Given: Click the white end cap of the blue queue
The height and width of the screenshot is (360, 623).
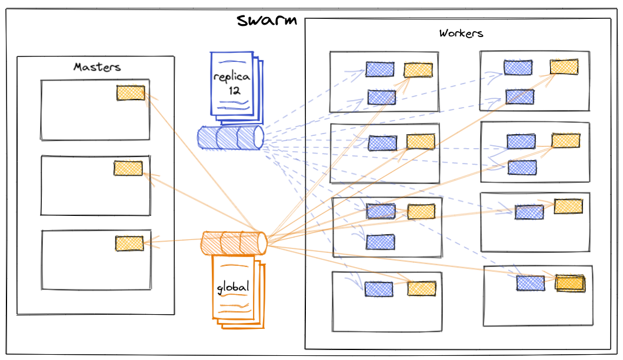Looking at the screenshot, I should (258, 138).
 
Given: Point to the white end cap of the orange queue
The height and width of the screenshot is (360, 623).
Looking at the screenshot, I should (262, 243).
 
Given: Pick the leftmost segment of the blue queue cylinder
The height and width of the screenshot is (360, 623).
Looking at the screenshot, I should (207, 138).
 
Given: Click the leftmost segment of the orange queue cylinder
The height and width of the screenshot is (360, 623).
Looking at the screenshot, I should (210, 244).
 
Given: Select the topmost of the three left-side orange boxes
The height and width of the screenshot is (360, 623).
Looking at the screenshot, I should (131, 92).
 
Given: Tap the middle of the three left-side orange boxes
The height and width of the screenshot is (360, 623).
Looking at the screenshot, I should (128, 168).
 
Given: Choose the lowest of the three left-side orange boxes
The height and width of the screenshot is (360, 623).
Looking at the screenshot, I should (129, 243).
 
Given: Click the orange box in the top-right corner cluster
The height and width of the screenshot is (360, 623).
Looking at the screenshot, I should (564, 66).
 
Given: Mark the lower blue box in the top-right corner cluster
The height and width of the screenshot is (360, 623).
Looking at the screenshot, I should (519, 97).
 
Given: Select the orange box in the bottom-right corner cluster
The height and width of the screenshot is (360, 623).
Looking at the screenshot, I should (570, 283).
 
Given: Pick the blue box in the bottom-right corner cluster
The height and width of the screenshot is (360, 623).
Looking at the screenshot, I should (530, 283).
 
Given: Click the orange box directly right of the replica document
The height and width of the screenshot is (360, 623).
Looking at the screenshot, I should (418, 69).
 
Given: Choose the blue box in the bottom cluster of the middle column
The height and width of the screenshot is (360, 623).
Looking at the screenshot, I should (378, 289).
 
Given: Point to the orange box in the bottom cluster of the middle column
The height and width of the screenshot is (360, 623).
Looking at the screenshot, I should (422, 288).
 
